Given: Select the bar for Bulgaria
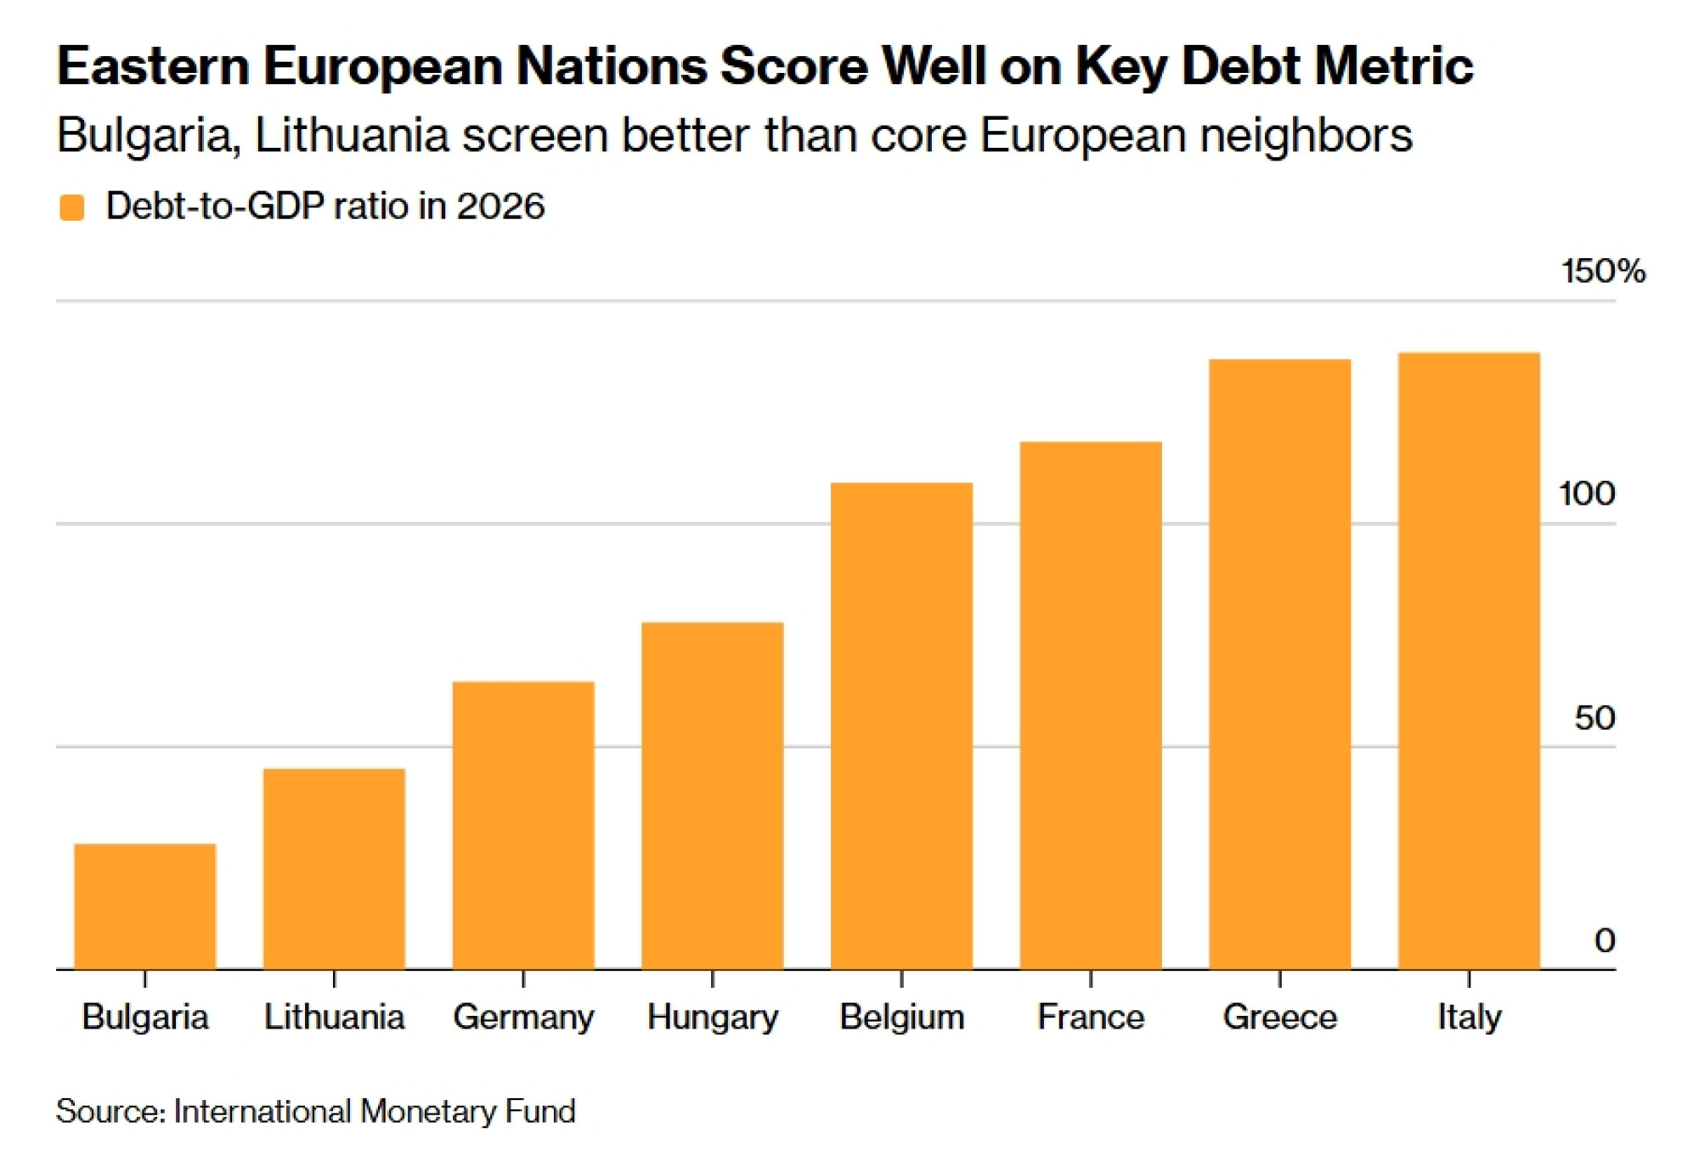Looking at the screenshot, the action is point(145,906).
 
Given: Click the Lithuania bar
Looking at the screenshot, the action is point(334,869).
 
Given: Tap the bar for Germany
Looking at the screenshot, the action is point(523,825).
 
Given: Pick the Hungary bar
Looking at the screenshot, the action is point(713,796).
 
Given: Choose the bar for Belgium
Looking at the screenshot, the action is point(901,725).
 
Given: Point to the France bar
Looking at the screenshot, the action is point(1091,705).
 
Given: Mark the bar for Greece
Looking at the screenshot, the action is point(1280,664).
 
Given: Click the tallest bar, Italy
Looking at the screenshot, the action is point(1469,661).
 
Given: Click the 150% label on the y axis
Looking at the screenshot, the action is point(1603,272).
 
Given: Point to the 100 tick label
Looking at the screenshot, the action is point(1587,493).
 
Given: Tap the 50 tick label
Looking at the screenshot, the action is point(1595,718).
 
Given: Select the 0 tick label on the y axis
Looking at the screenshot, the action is point(1605,940).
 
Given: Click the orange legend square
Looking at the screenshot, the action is point(72,207).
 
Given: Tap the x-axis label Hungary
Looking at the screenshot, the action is point(713,1018).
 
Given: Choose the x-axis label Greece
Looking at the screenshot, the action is point(1280,1017).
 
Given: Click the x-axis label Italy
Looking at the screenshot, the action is point(1470,1018).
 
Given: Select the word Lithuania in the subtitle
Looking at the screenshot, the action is point(352,135).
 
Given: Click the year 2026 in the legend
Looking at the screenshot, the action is point(500,206).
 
